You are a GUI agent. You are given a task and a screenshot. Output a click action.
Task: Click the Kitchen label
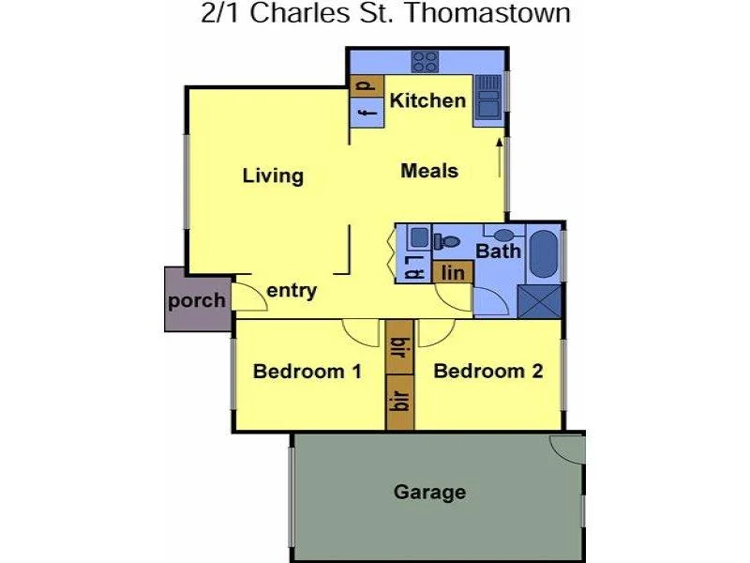(x=427, y=100)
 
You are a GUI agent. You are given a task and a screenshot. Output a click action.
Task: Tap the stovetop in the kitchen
(x=426, y=61)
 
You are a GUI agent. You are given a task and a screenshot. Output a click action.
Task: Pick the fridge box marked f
(x=367, y=114)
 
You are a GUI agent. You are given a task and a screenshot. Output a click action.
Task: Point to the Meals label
(x=429, y=171)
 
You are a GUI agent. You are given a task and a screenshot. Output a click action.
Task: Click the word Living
(x=273, y=175)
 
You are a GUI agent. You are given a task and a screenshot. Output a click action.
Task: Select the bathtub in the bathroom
(x=543, y=253)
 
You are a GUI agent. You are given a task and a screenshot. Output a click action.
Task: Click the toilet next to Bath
(x=450, y=242)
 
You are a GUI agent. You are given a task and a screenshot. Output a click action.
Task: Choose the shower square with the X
(x=540, y=302)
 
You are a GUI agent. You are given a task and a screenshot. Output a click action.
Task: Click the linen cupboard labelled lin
(x=453, y=272)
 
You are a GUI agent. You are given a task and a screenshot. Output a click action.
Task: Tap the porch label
(x=197, y=301)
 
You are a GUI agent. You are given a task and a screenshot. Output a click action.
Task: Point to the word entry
(x=292, y=291)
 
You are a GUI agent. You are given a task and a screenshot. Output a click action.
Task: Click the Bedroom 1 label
(x=307, y=372)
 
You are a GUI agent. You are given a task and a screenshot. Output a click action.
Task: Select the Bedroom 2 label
(x=488, y=372)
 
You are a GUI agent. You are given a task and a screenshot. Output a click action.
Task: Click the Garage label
(x=429, y=492)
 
